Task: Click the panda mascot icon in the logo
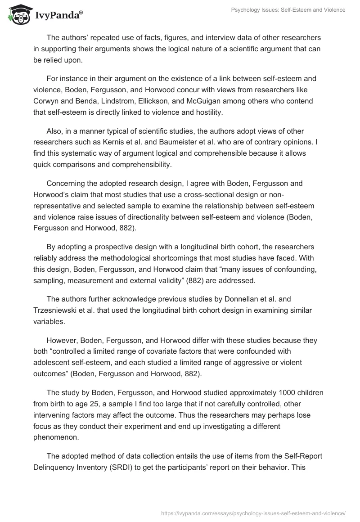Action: click(x=17, y=14)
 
